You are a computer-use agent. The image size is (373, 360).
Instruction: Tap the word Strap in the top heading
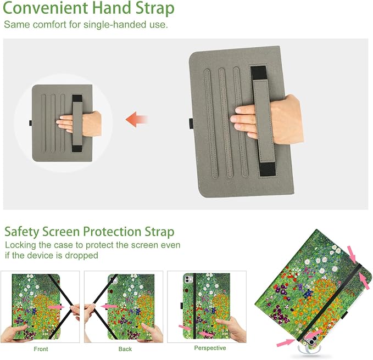tap(155, 9)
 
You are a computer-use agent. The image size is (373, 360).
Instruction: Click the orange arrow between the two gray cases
tap(137, 119)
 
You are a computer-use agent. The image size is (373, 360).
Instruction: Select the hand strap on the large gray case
tap(263, 121)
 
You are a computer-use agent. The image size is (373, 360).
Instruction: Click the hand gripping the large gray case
tap(267, 120)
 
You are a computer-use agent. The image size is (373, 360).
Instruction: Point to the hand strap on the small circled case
tap(77, 123)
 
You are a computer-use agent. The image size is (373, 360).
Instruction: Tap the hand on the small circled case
tap(79, 123)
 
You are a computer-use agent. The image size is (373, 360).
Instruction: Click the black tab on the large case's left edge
tap(191, 123)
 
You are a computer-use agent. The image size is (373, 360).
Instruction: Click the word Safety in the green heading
tap(21, 232)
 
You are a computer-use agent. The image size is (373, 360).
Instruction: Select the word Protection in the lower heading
tap(112, 232)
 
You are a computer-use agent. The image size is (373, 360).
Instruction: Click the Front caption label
tap(41, 349)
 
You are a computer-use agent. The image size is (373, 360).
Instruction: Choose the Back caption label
tap(125, 349)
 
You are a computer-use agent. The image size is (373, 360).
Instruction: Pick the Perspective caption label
tap(210, 348)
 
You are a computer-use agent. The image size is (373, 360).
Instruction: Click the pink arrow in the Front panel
tap(56, 307)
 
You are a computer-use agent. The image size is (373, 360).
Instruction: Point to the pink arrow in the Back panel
tap(109, 307)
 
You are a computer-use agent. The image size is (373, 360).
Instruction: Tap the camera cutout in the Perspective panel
tap(188, 279)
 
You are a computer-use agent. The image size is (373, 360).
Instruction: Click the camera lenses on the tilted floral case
tap(312, 338)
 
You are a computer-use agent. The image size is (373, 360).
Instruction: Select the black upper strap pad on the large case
tap(259, 73)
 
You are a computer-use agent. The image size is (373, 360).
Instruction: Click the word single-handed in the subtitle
tap(110, 25)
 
